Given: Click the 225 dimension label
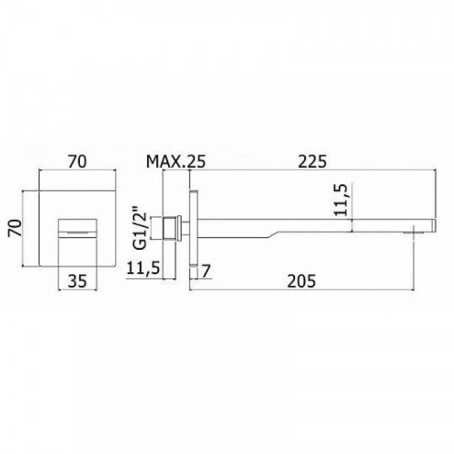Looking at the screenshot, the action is pyautogui.click(x=312, y=162).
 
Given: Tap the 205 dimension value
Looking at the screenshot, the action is pyautogui.click(x=301, y=281).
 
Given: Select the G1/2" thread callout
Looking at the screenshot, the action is pyautogui.click(x=140, y=227).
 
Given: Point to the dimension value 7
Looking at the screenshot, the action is pyautogui.click(x=206, y=271).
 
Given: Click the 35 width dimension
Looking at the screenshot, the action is pyautogui.click(x=77, y=281).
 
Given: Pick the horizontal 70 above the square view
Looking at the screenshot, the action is pyautogui.click(x=77, y=162).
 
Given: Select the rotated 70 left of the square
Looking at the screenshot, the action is pyautogui.click(x=15, y=228).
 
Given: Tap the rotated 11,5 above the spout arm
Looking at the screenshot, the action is pyautogui.click(x=341, y=200).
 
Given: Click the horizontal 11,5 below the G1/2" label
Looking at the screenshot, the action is pyautogui.click(x=143, y=268).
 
